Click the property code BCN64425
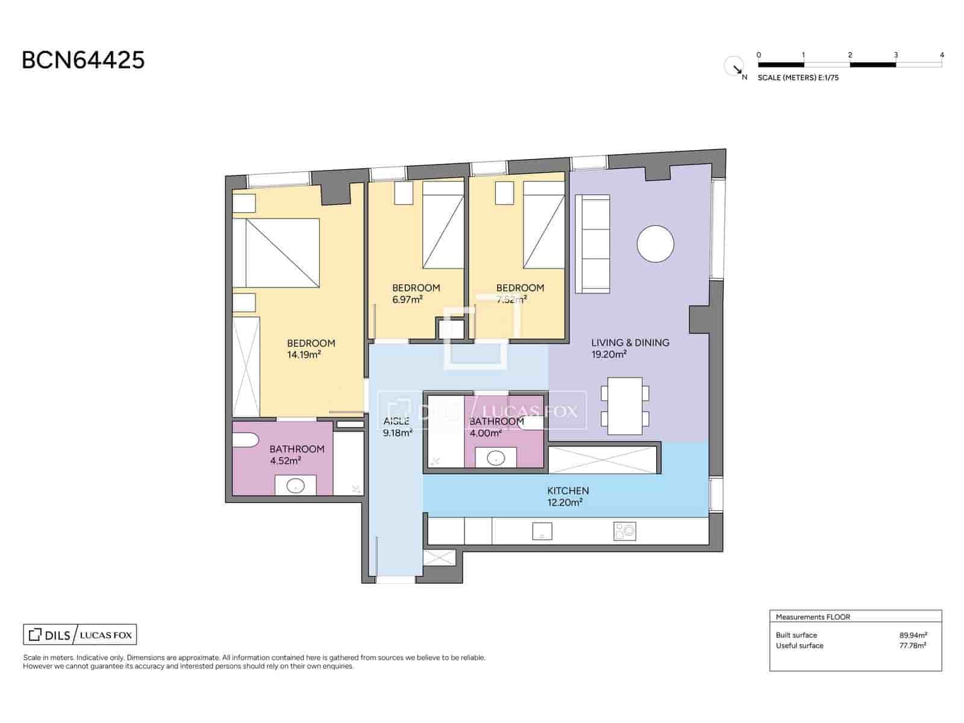(83, 60)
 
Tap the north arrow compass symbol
(734, 66)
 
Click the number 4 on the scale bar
(942, 55)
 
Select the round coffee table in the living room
(656, 243)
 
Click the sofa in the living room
(593, 243)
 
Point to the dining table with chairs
(625, 405)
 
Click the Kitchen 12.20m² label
(568, 496)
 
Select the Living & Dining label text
(630, 342)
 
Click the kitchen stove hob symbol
(624, 531)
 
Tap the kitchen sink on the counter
(542, 531)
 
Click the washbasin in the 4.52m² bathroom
(295, 486)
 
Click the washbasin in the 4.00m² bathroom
(496, 459)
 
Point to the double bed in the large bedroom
(276, 252)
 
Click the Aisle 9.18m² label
(397, 427)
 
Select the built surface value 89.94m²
(913, 635)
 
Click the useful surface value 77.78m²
(913, 645)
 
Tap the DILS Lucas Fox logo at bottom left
(80, 634)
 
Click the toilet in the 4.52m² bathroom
(246, 442)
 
